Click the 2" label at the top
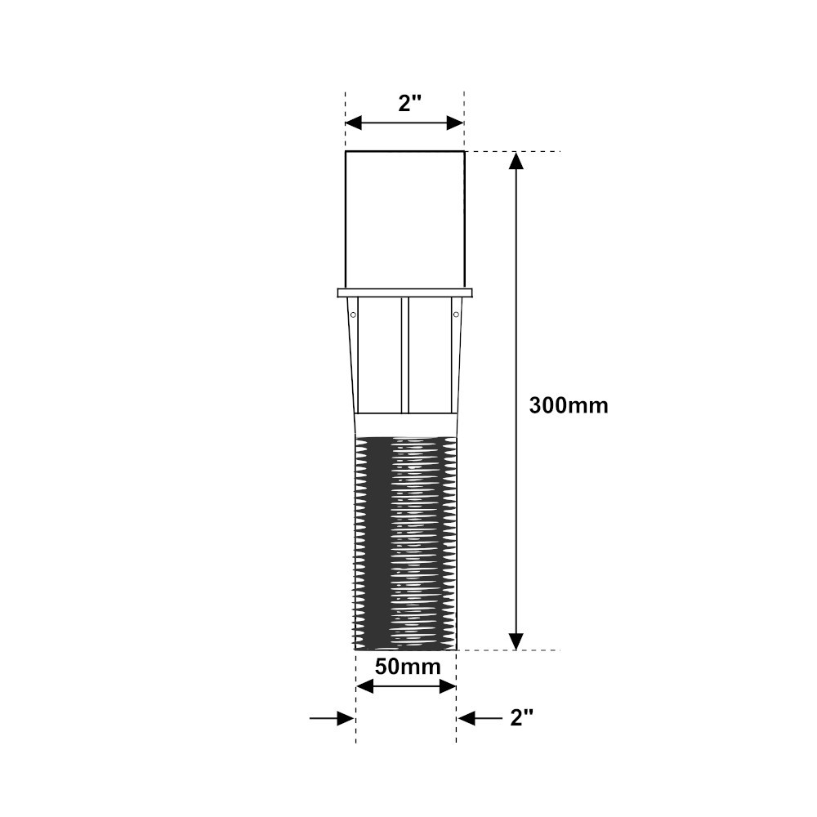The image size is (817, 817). [x=409, y=103]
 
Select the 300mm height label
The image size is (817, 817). [x=569, y=405]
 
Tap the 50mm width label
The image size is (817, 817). [x=408, y=667]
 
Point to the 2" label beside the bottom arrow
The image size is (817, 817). [x=521, y=718]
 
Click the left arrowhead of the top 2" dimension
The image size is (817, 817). [x=353, y=123]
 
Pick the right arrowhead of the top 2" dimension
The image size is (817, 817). [x=455, y=123]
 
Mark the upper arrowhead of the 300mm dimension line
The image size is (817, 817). [x=516, y=160]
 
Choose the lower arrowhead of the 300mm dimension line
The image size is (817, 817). [x=516, y=641]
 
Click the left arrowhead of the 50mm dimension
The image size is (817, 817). [x=364, y=687]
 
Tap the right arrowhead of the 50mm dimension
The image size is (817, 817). [x=448, y=687]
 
